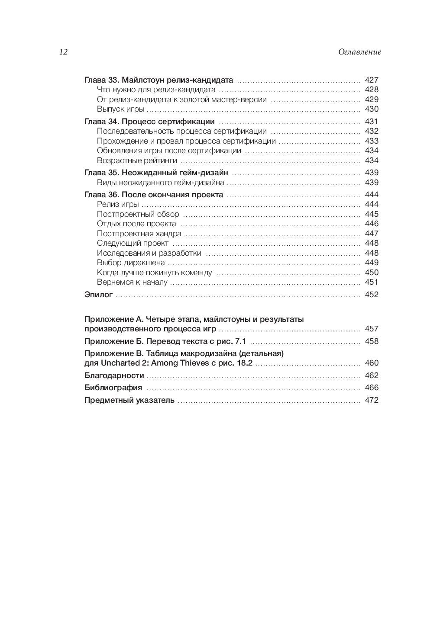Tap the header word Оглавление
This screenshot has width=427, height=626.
[359, 52]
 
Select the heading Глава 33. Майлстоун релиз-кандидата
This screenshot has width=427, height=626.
[159, 80]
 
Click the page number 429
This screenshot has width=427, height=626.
[372, 100]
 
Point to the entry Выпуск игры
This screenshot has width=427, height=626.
[116, 109]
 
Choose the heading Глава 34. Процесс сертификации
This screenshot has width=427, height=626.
[149, 122]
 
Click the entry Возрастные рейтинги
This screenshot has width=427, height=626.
[137, 161]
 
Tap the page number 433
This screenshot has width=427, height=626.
[372, 141]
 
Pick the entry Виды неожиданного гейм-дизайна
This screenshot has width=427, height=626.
[161, 183]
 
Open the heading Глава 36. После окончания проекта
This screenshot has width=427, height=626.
[154, 195]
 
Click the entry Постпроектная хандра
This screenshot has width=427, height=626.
[139, 234]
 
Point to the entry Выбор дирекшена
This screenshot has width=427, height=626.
[131, 263]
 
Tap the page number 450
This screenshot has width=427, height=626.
[372, 273]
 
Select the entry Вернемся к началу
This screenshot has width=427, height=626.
[132, 282]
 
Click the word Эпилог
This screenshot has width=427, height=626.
[98, 295]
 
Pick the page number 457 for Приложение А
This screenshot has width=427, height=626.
[372, 329]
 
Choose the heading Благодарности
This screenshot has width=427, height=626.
[114, 376]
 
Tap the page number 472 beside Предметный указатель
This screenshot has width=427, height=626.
[372, 400]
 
